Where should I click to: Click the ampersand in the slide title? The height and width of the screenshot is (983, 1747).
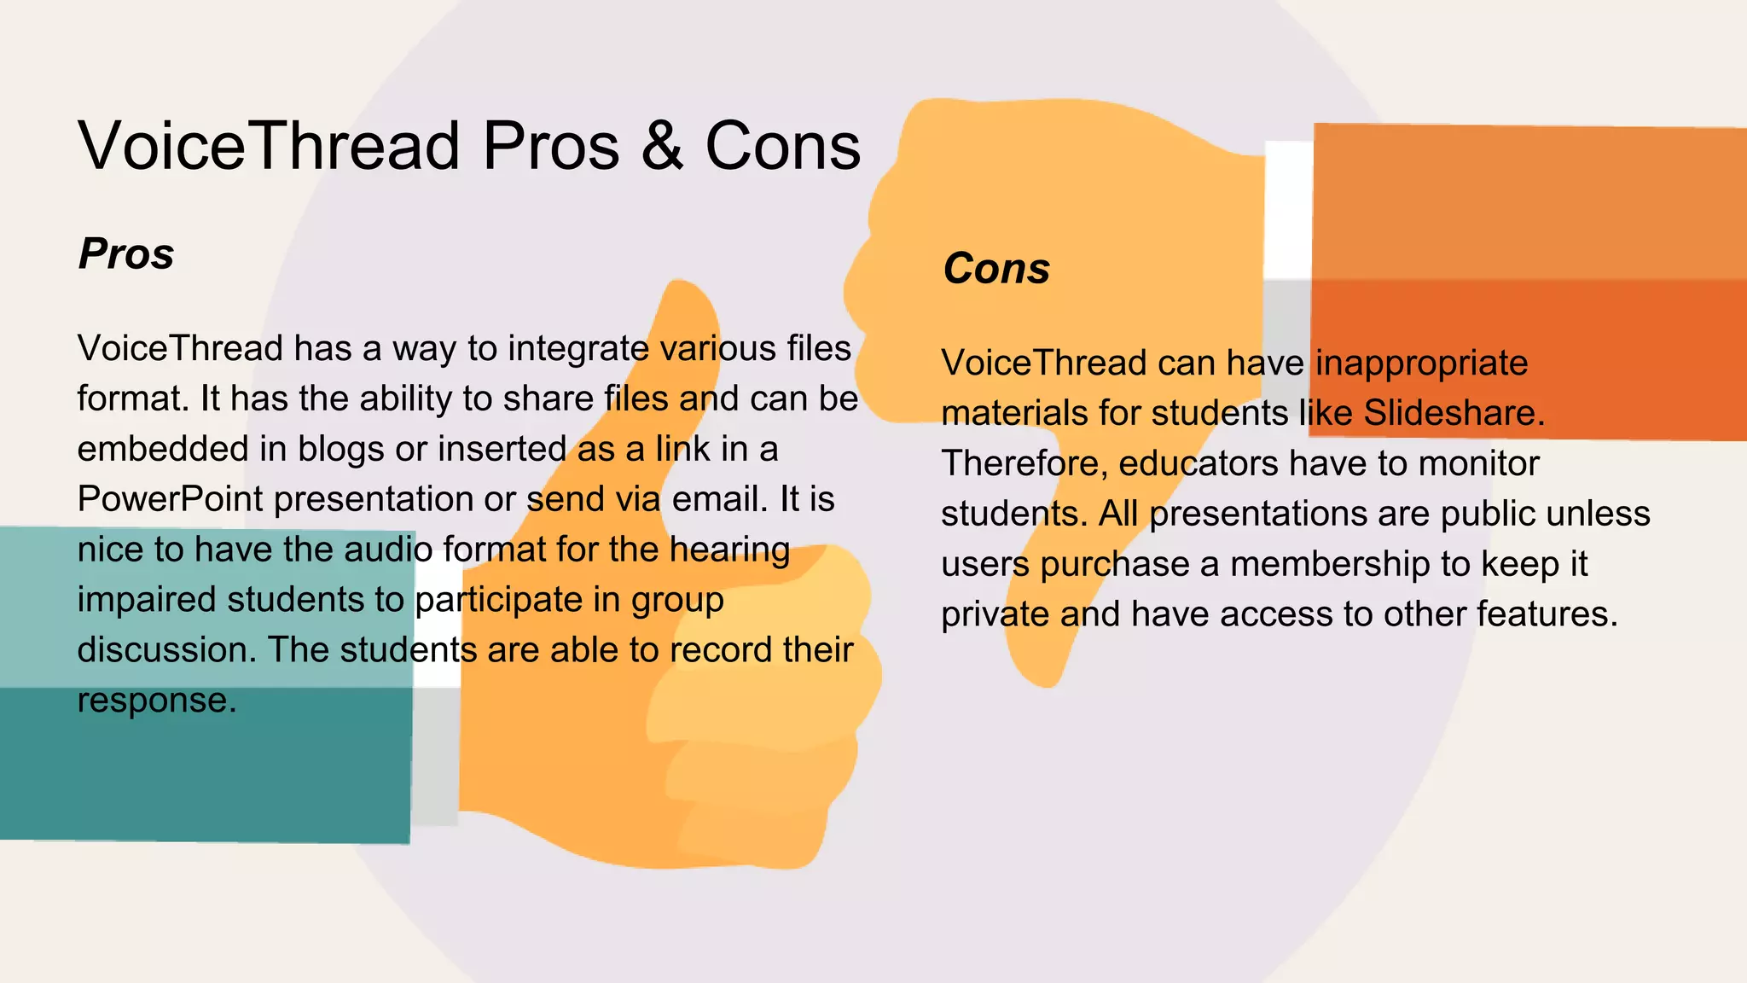662,146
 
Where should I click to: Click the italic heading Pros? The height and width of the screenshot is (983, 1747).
126,253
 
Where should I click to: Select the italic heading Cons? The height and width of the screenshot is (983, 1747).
996,268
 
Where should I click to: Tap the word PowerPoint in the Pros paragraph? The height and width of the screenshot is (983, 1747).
170,499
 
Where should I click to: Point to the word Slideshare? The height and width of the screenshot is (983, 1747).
1454,413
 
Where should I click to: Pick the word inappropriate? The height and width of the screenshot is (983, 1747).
1421,364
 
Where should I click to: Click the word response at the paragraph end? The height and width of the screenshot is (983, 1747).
156,701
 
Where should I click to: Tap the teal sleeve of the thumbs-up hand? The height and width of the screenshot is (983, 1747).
205,751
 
